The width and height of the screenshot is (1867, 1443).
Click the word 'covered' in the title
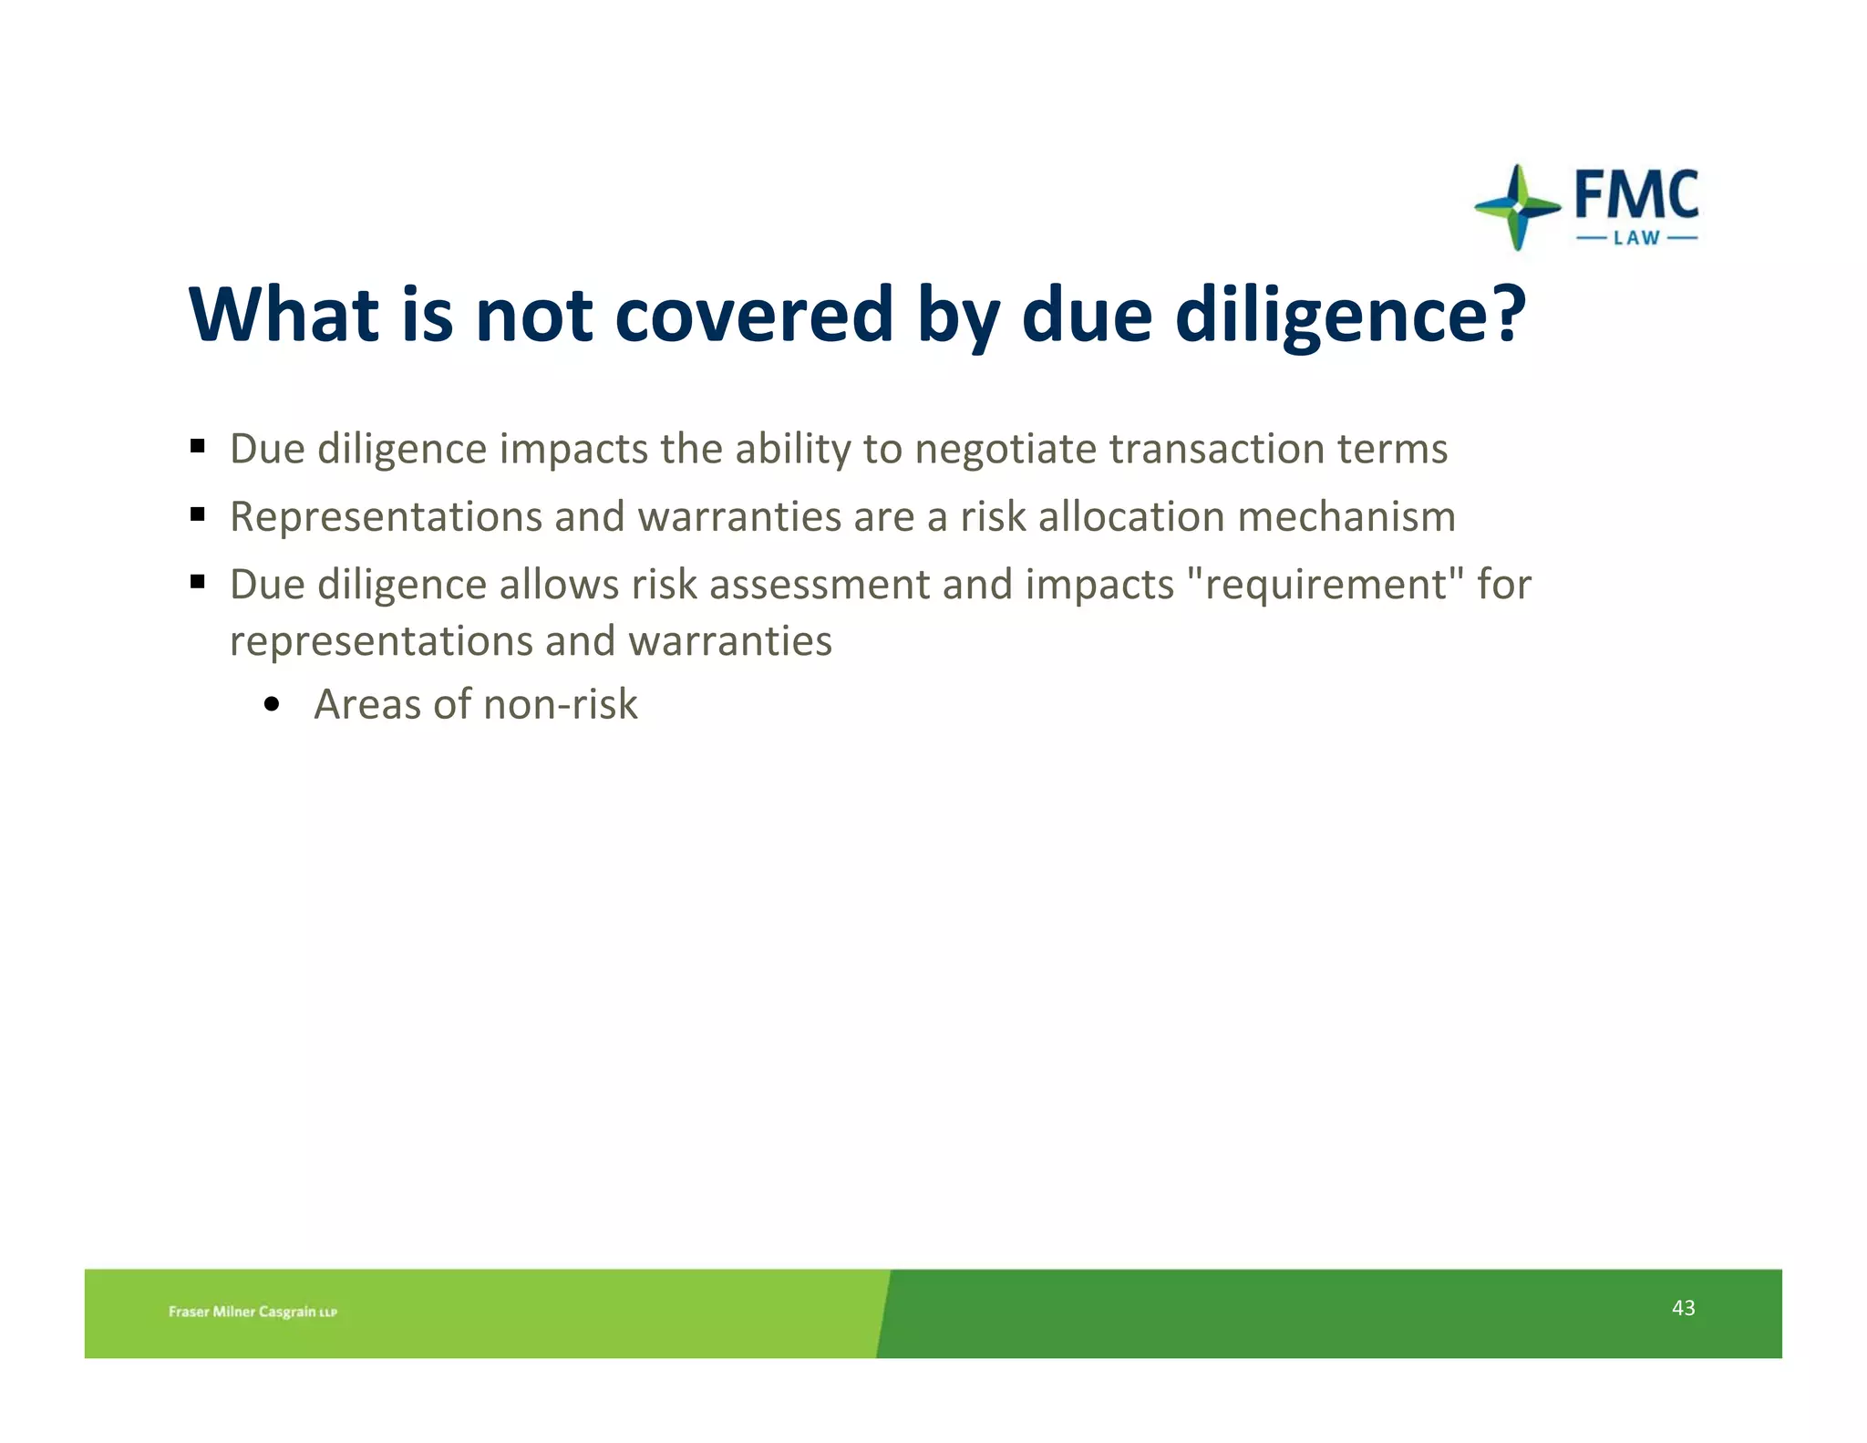click(754, 315)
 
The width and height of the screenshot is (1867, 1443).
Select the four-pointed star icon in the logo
click(1517, 208)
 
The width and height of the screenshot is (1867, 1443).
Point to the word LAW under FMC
click(1636, 239)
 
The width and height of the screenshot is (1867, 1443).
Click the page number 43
click(1683, 1308)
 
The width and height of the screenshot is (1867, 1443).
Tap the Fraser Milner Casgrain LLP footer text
click(253, 1312)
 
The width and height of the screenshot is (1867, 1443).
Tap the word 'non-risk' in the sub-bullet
click(560, 704)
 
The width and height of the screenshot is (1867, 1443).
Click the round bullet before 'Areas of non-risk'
click(271, 705)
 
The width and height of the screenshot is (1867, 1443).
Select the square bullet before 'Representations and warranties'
click(197, 514)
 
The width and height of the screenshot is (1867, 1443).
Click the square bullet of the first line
click(197, 447)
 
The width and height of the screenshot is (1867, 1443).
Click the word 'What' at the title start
click(283, 315)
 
